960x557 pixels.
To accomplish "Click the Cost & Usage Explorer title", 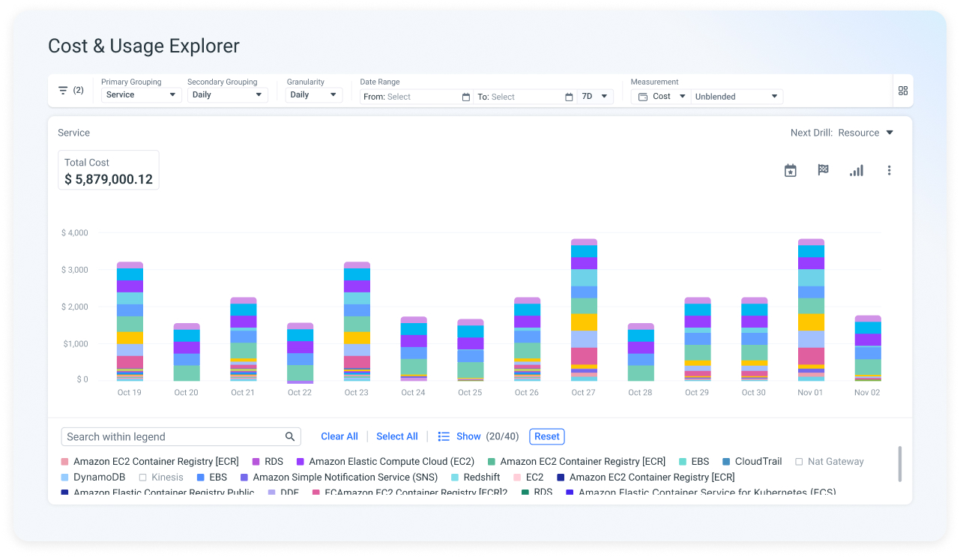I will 143,46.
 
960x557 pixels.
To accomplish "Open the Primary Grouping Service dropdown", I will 141,95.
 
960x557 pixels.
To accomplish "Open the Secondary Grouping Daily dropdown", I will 227,95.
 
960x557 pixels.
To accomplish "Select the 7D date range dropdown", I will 595,97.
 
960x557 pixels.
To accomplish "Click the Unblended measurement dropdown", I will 737,97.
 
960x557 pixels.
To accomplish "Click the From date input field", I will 416,97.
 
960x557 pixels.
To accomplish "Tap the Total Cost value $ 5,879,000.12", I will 109,179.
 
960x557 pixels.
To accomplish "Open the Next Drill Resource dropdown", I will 842,133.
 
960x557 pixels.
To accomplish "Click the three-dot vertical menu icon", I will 889,171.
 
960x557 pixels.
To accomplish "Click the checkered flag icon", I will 823,170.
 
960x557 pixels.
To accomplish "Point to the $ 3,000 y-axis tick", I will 74,270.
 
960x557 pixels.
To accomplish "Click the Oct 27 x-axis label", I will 583,393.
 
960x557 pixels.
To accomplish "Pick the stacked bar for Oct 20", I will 187,352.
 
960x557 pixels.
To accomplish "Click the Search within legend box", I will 174,436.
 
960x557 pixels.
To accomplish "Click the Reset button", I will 546,436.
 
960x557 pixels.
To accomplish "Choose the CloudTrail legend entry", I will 752,462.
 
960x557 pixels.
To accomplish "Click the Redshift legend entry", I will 475,478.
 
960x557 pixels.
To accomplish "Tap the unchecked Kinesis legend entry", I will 160,478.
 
